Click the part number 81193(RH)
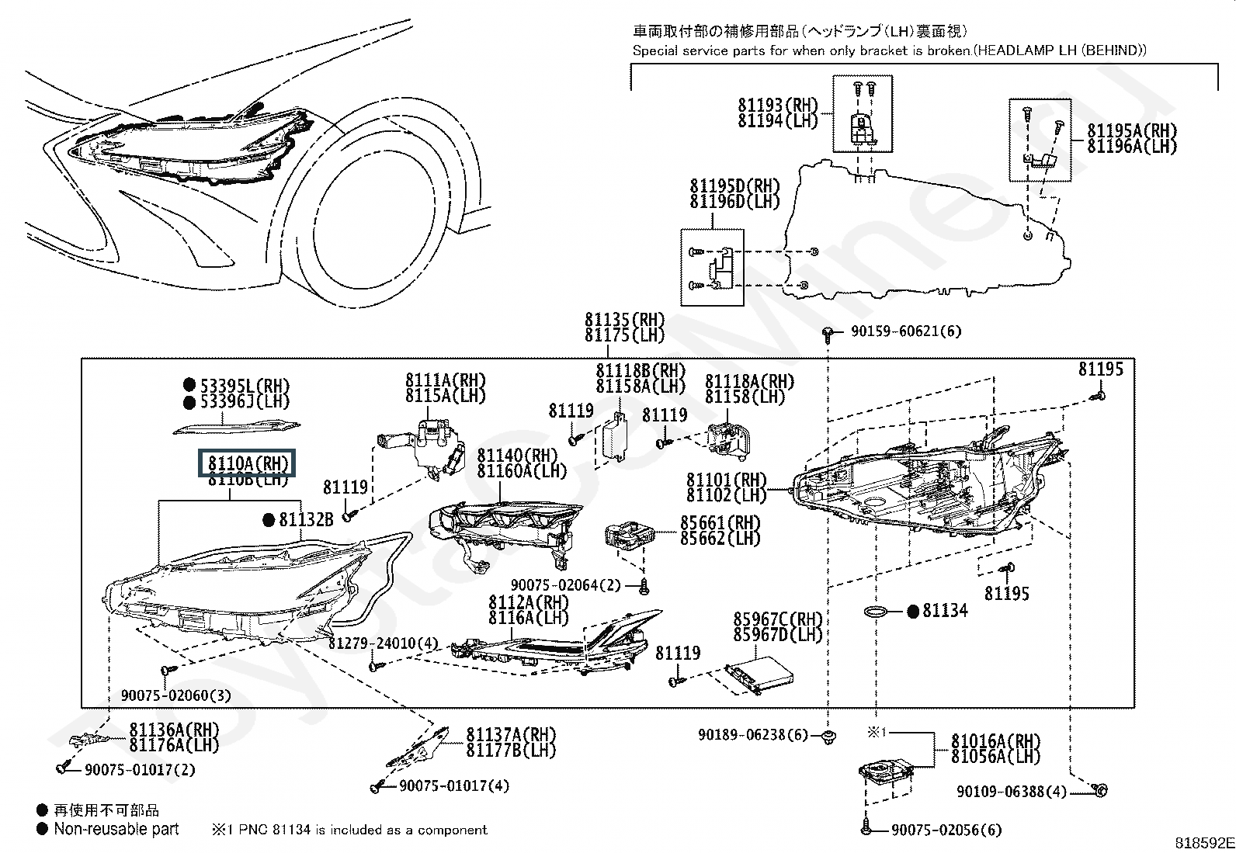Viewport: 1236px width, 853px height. (778, 106)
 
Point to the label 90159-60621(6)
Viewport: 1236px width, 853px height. (905, 331)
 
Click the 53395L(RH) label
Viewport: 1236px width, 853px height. (245, 386)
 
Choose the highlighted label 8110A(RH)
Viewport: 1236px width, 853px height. (248, 464)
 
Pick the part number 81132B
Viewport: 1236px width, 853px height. (306, 519)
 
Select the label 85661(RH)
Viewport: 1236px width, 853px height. (720, 523)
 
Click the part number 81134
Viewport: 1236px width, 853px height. (945, 611)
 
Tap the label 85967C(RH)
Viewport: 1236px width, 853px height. (777, 619)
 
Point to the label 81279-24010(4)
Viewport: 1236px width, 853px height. (383, 643)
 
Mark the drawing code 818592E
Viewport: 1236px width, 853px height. (1203, 843)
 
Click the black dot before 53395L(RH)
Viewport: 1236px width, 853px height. (189, 385)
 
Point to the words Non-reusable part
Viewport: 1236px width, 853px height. (116, 829)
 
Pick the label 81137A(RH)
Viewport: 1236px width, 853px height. (511, 734)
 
